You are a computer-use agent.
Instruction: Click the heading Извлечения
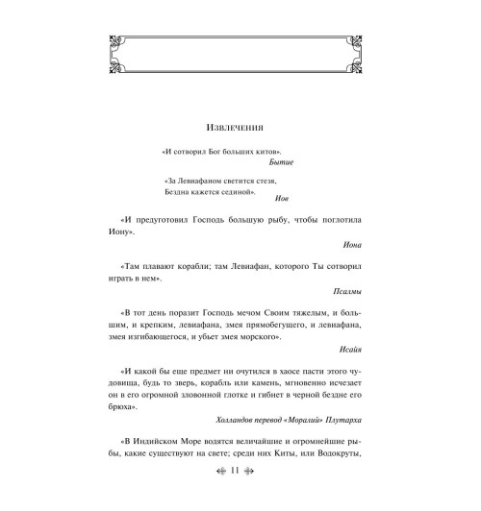240,127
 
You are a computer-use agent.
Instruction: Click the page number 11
240,498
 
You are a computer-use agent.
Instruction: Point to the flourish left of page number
219,498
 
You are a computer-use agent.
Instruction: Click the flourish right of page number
260,498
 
